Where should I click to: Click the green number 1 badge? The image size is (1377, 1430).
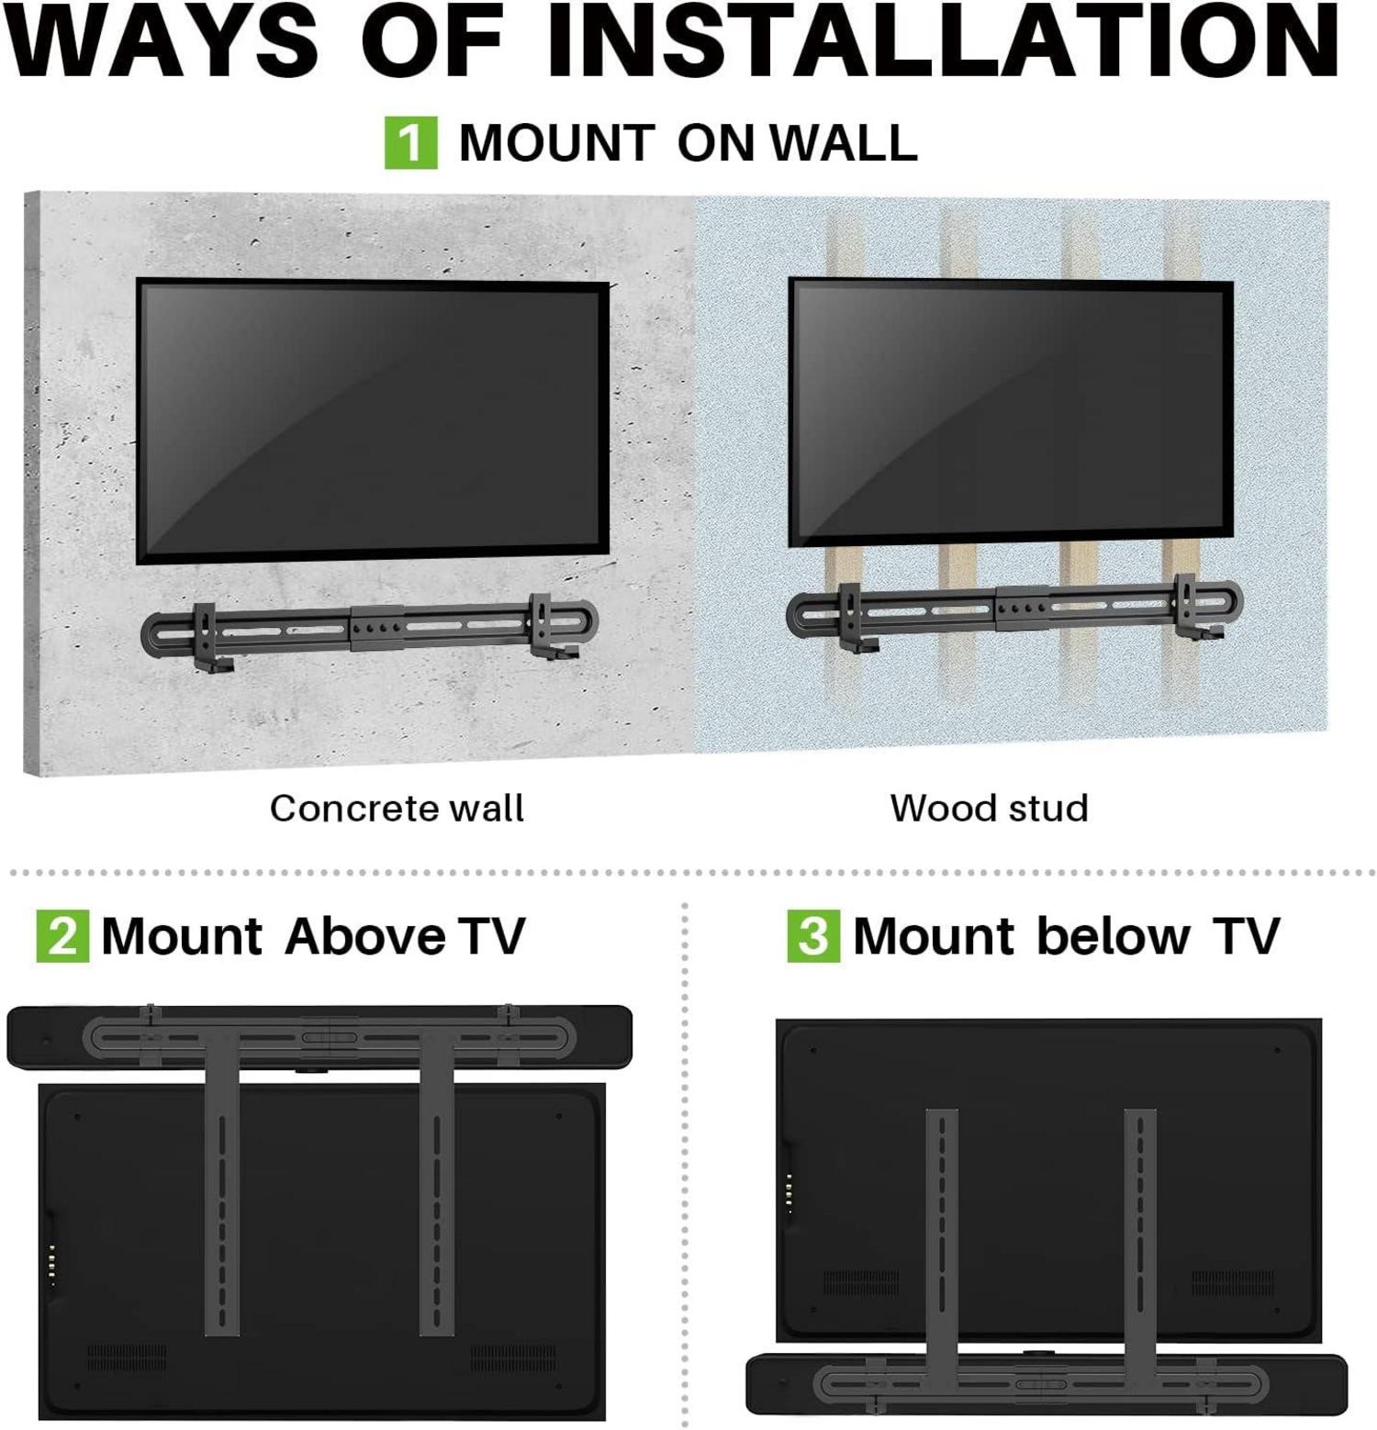(410, 142)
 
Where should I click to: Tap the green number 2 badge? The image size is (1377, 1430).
(62, 935)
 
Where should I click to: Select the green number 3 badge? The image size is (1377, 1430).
(813, 935)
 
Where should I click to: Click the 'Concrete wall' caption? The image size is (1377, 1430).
(397, 809)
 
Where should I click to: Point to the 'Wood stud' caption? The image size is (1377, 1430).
(989, 809)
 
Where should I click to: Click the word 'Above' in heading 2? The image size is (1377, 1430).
(365, 936)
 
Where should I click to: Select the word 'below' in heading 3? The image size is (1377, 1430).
(1113, 936)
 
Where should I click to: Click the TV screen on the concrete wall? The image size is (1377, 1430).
(372, 420)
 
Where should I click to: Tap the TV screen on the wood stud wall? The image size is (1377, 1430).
(1010, 413)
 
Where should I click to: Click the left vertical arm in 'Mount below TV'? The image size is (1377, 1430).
(941, 1230)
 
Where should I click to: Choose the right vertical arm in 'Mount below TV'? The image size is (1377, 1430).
(1139, 1230)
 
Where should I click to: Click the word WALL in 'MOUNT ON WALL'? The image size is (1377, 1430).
(844, 143)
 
